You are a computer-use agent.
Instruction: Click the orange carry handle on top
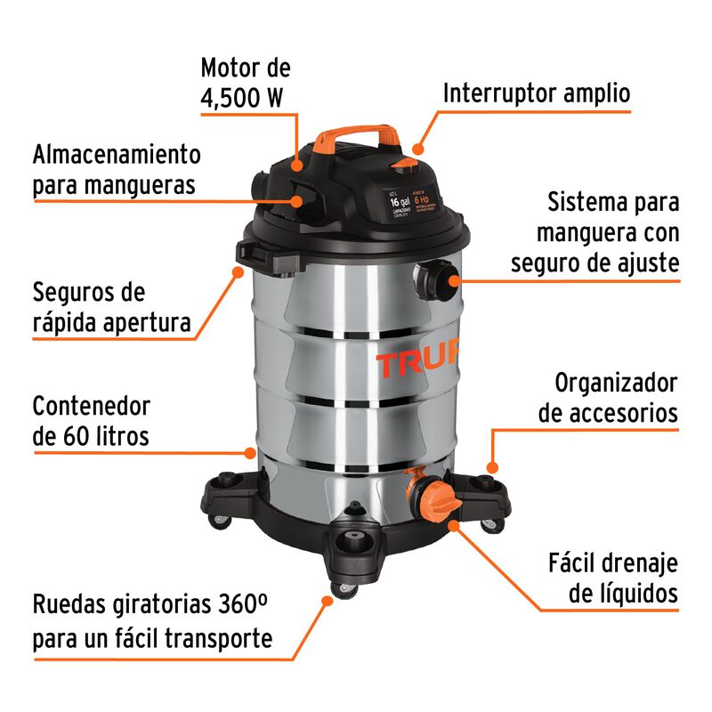(356, 133)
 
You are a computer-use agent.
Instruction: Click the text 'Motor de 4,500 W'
(245, 82)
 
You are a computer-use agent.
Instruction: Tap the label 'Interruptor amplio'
(537, 93)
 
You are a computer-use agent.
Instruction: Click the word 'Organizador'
(616, 383)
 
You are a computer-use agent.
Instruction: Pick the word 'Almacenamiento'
(117, 153)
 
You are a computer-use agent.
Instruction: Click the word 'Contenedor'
(92, 406)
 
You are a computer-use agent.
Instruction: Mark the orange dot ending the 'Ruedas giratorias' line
(327, 602)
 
